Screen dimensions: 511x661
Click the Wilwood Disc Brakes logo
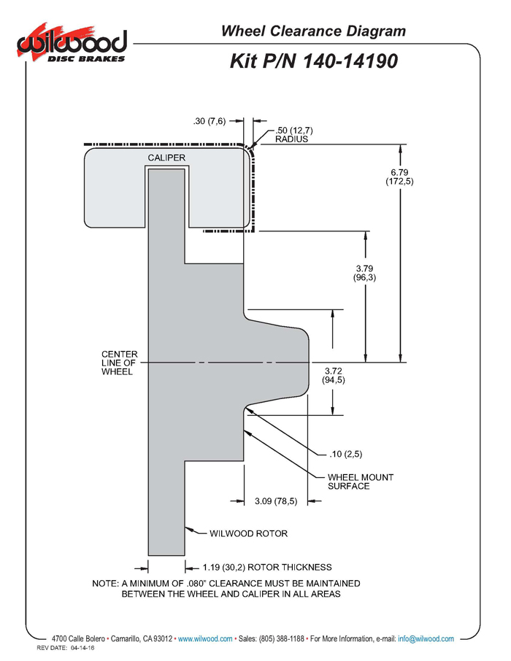(72, 44)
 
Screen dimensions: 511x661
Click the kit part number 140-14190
(350, 61)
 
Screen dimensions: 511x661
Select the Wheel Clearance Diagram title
(313, 31)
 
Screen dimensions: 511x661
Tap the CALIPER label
(166, 158)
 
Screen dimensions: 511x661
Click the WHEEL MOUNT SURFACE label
(361, 482)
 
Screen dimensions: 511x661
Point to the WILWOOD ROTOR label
(248, 534)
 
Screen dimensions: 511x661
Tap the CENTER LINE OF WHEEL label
(120, 363)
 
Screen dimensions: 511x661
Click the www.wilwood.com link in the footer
(205, 638)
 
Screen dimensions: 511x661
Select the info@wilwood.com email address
(426, 638)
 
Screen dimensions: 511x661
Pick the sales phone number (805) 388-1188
(282, 638)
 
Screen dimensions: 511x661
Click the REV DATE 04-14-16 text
(66, 648)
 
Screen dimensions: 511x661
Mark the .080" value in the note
(196, 584)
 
